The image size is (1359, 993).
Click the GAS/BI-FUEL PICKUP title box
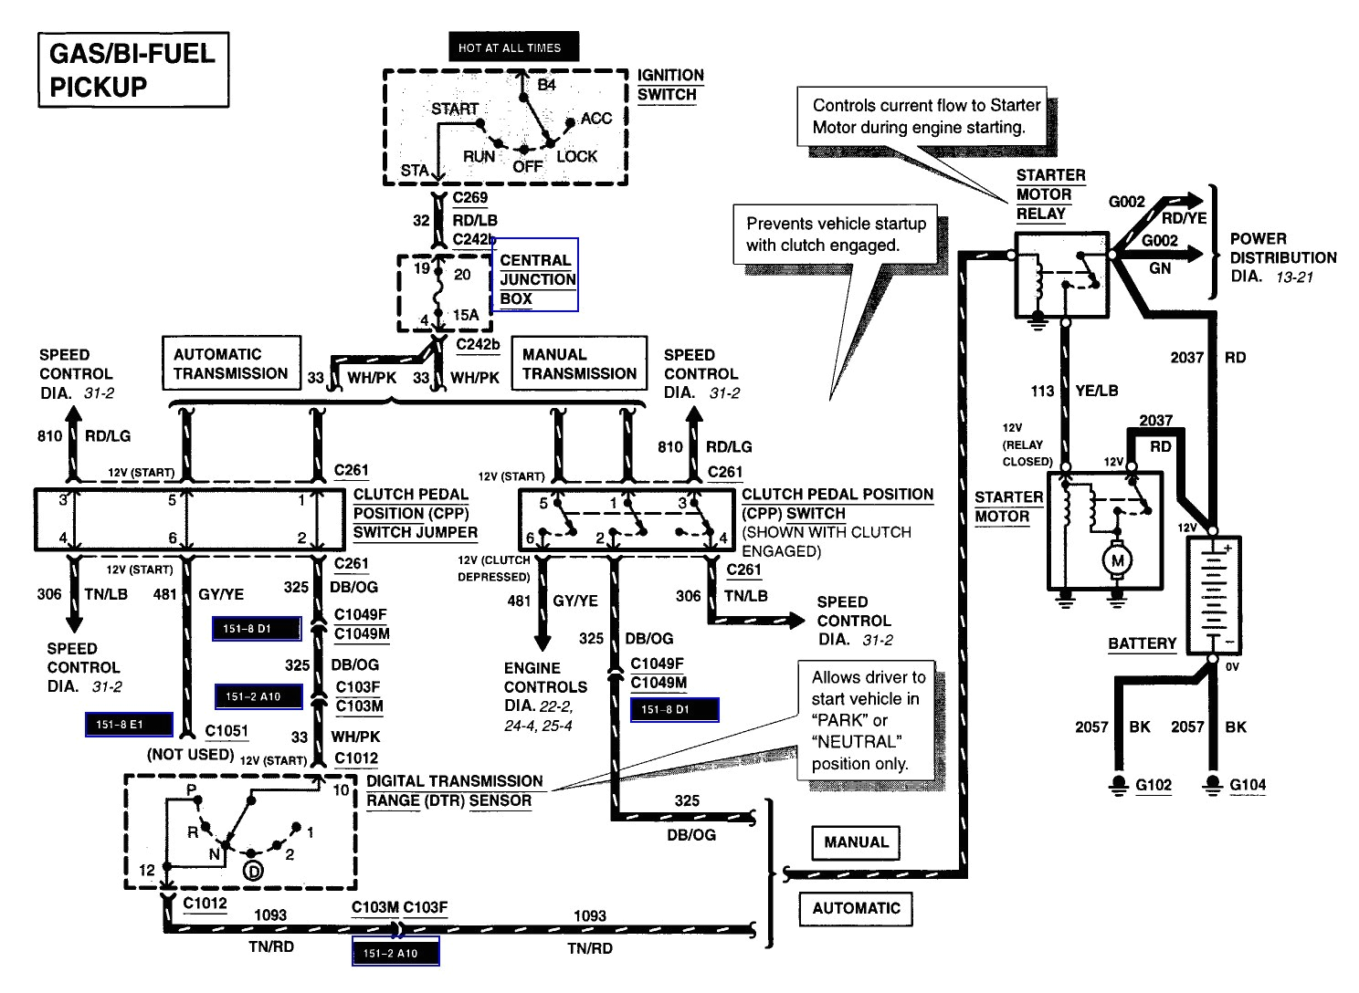(x=132, y=70)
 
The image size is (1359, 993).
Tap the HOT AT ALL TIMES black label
(x=510, y=47)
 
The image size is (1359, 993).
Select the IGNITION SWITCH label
(x=669, y=85)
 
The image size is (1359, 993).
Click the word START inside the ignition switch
(x=455, y=109)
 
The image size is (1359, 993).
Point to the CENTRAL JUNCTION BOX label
(x=537, y=279)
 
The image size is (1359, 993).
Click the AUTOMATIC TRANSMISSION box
(x=230, y=363)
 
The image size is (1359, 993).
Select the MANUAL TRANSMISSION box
(x=579, y=363)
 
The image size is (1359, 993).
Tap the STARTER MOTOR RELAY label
(x=1050, y=194)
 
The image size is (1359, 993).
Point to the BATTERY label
(x=1142, y=643)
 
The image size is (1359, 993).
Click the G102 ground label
(x=1153, y=785)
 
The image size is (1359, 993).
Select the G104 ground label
(x=1248, y=785)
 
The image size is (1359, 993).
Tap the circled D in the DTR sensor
(x=253, y=872)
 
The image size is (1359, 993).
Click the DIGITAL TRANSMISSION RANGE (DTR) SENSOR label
(x=454, y=791)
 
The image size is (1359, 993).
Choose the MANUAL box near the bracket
(x=855, y=842)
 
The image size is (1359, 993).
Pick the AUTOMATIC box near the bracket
(x=855, y=908)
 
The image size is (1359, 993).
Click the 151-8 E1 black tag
(x=128, y=726)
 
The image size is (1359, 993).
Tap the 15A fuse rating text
(x=466, y=316)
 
